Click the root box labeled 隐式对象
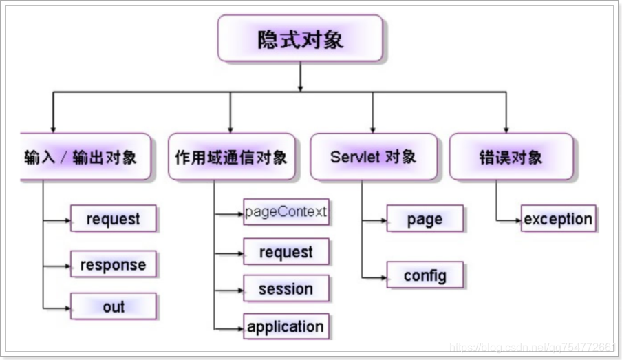(300, 39)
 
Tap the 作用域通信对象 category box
(230, 157)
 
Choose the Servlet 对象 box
(373, 157)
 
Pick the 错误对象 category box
(511, 157)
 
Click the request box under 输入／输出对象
(114, 219)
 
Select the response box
(114, 264)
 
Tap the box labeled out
(114, 307)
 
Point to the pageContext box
(286, 212)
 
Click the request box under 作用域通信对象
(286, 252)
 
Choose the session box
(286, 289)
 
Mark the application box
(286, 326)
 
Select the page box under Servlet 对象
(425, 219)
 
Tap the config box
(425, 276)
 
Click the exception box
(558, 219)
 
